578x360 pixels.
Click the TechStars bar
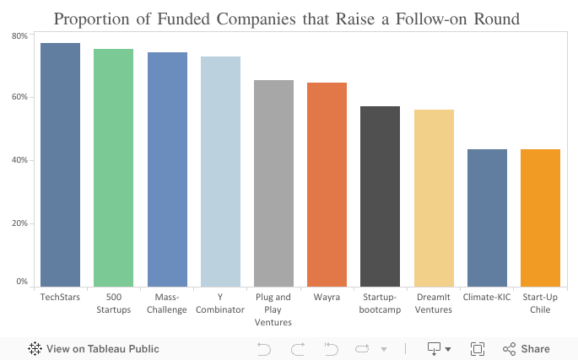point(60,165)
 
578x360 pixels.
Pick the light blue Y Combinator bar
point(220,172)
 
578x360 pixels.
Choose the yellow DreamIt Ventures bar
point(434,199)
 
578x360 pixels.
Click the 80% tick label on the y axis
point(19,36)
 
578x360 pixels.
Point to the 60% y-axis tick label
point(19,97)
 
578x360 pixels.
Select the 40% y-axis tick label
point(19,160)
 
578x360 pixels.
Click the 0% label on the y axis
point(22,282)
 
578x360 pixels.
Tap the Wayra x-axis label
point(327,298)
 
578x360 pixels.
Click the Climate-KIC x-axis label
point(487,298)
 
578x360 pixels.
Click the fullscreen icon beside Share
point(478,348)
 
